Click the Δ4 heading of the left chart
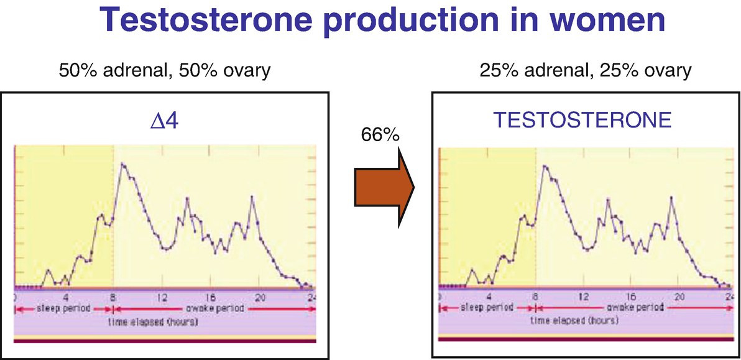(x=165, y=122)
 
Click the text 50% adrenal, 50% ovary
(x=165, y=71)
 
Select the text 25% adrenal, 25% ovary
(x=586, y=71)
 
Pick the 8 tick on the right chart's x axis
(x=535, y=297)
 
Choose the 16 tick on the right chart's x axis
(x=632, y=297)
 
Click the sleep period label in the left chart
(x=63, y=308)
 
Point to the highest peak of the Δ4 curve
(x=122, y=164)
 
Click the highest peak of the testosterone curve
(x=544, y=165)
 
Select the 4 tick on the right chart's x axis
(x=489, y=297)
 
